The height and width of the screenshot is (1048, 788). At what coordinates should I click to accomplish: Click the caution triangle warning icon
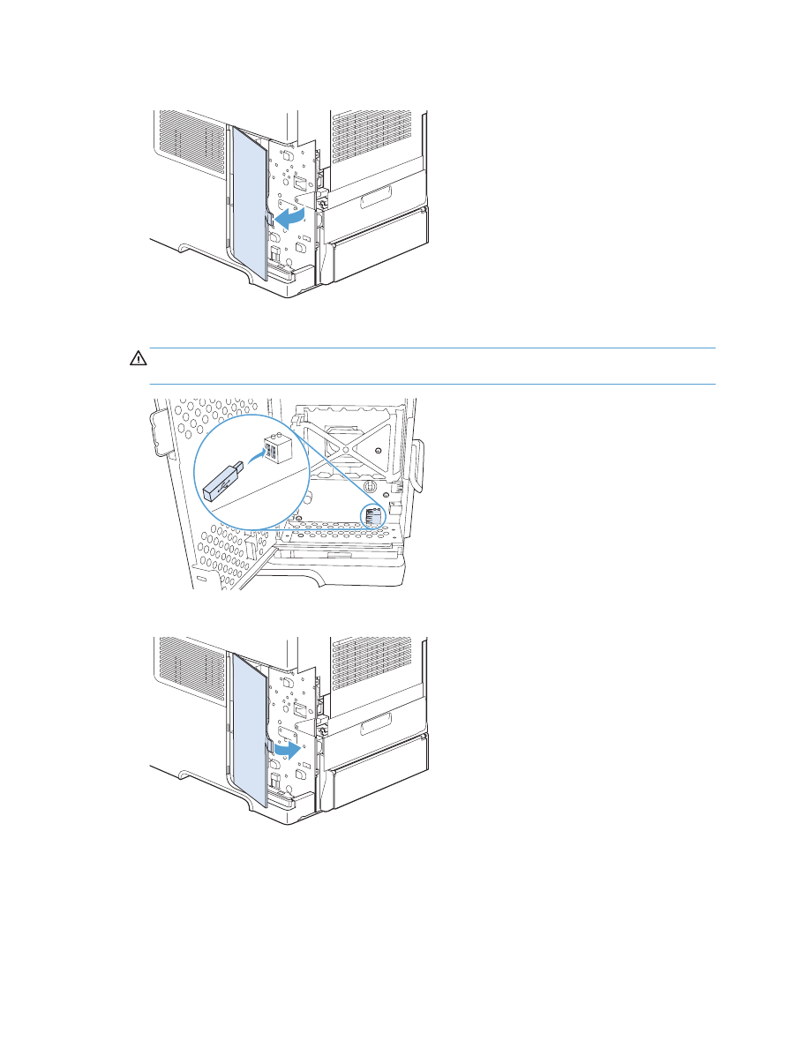point(138,359)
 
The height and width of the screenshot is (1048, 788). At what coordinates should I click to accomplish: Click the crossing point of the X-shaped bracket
point(351,438)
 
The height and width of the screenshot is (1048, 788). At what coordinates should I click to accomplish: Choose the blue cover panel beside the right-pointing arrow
point(246,733)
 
